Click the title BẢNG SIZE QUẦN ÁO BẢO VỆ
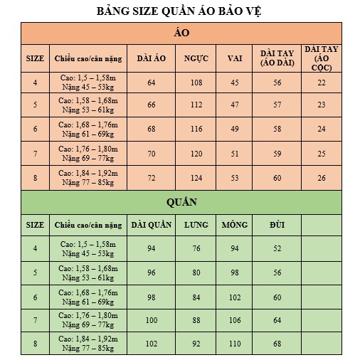coord(181,11)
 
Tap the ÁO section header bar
coord(181,33)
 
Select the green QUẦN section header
coord(181,201)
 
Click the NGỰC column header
coord(196,58)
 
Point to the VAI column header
coord(234,58)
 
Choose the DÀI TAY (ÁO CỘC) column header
coord(321,58)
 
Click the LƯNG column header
coord(196,225)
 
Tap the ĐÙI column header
coord(277,225)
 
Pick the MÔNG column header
coord(234,225)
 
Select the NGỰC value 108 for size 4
coord(196,83)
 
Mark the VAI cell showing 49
coord(234,129)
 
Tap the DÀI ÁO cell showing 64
coord(151,83)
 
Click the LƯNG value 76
coord(196,248)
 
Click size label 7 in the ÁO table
coord(35,153)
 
